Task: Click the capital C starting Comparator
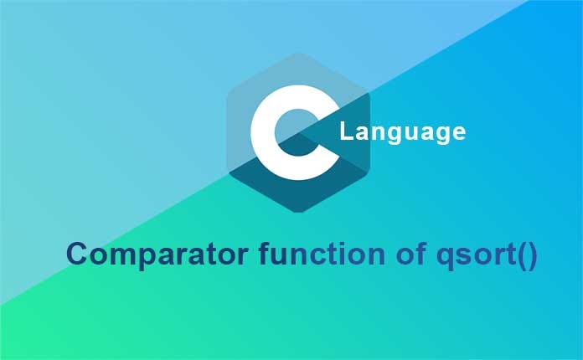(x=78, y=254)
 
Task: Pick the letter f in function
(x=255, y=253)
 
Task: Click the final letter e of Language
(x=457, y=133)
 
